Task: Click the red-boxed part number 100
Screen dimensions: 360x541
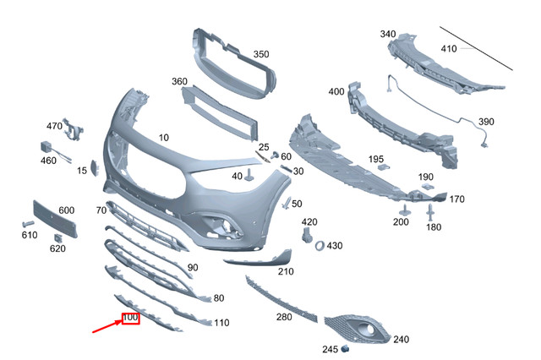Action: click(x=130, y=318)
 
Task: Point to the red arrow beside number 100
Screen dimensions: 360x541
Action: click(x=106, y=327)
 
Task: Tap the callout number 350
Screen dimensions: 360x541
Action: click(x=261, y=54)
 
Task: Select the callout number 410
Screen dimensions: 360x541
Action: click(x=448, y=49)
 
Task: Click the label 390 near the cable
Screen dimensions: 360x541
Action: click(x=485, y=122)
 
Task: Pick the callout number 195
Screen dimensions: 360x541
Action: click(x=375, y=159)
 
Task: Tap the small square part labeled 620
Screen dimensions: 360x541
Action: click(x=57, y=237)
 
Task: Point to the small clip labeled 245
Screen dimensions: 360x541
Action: click(x=344, y=348)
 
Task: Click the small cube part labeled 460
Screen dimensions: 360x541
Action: click(x=42, y=145)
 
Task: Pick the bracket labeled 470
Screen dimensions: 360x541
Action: click(x=74, y=131)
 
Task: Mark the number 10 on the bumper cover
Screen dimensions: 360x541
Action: click(x=163, y=136)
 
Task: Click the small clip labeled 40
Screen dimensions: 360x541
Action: click(x=250, y=176)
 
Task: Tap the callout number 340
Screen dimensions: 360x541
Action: click(x=387, y=34)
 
